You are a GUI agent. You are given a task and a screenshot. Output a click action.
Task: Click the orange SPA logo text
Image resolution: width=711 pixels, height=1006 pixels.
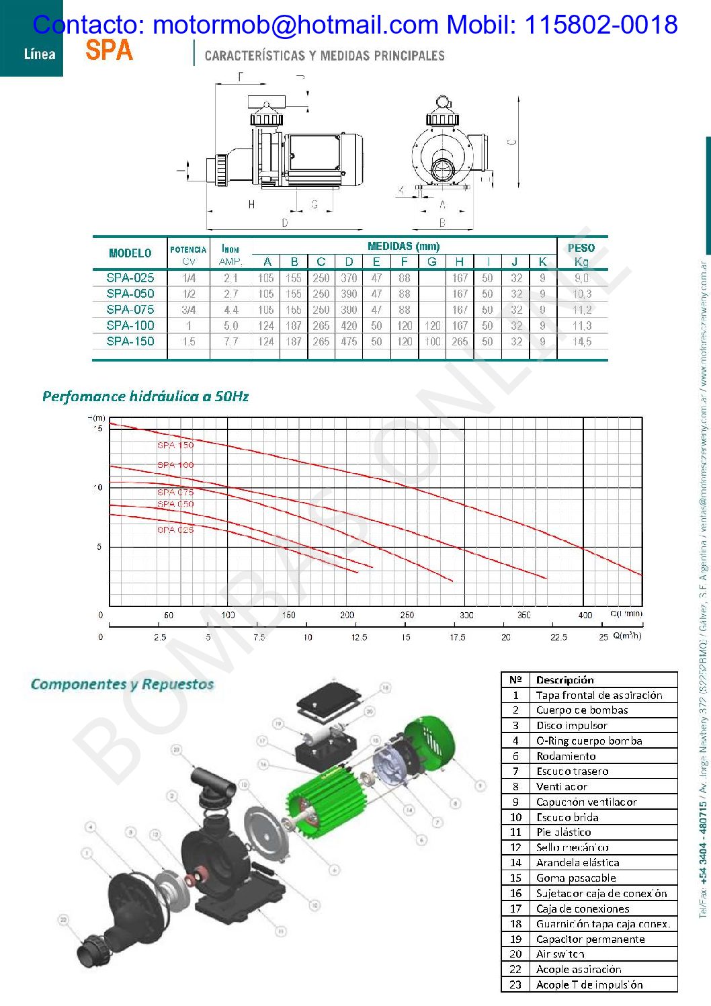point(109,50)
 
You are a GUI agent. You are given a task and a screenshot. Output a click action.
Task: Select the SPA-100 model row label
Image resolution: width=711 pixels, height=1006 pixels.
point(130,325)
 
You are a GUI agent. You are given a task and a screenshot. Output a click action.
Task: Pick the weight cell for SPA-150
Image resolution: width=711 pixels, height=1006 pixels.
point(582,341)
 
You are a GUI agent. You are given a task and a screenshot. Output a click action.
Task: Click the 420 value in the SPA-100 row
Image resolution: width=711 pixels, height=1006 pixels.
point(349,326)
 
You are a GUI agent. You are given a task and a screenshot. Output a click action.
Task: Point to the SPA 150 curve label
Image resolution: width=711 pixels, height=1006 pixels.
point(175,445)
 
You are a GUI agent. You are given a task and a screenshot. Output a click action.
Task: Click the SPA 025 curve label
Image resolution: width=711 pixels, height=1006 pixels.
point(175,530)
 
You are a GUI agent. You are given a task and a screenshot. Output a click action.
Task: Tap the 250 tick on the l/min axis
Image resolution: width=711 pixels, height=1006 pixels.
point(407,615)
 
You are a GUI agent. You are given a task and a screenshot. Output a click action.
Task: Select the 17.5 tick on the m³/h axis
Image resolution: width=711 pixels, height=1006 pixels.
point(457,637)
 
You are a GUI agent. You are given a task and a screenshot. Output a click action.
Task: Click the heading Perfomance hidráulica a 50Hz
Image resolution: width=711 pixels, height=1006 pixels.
point(145,396)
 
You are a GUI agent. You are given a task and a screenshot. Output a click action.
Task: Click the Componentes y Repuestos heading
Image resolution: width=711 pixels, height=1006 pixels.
point(122,684)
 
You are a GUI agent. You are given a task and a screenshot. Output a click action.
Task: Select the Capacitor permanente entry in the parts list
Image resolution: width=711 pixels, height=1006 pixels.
point(590,939)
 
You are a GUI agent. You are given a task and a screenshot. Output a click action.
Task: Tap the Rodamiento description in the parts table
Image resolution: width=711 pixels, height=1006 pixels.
point(566,756)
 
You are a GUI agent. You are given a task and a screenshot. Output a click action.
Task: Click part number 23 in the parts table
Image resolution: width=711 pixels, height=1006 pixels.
point(515,984)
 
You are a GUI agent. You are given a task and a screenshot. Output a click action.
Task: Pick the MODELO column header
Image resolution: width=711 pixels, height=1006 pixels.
point(130,253)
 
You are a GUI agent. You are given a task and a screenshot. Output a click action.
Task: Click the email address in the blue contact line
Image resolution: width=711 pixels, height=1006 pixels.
point(296,25)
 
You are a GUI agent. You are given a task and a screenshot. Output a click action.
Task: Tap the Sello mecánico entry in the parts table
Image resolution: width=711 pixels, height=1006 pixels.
point(573,847)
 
